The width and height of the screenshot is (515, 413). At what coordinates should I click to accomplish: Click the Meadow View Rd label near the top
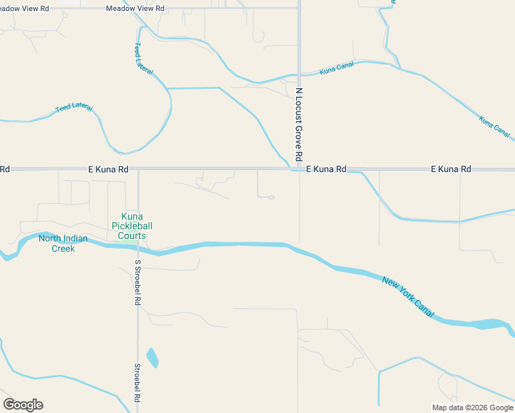pos(136,8)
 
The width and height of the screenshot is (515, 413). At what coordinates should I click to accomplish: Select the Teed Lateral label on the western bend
pos(74,108)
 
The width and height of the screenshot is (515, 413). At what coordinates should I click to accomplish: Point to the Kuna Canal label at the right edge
pos(495,126)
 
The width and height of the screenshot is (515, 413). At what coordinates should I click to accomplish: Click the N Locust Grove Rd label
pos(299,125)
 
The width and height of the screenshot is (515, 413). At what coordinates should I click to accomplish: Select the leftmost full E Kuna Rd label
pos(108,169)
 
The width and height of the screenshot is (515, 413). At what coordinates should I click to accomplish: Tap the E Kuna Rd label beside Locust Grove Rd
pos(326,169)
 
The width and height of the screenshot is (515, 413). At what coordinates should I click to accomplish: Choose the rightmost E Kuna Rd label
pos(451,169)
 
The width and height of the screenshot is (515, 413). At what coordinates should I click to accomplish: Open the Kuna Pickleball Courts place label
pos(132,226)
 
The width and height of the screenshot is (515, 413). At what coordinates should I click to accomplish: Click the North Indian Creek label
pos(63,243)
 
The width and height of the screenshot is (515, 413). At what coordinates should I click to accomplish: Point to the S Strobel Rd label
pos(138,282)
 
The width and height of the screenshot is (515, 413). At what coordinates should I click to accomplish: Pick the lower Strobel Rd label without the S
pos(138,383)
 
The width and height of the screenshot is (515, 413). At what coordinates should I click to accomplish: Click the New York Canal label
pos(409,297)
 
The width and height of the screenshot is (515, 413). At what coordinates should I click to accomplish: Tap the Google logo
pos(23,405)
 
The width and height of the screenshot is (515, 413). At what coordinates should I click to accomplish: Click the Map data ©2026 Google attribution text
pos(472,407)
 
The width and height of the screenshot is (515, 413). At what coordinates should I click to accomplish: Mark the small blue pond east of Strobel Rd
pos(152,358)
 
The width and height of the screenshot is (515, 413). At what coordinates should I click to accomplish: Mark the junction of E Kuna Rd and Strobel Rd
pos(138,169)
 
